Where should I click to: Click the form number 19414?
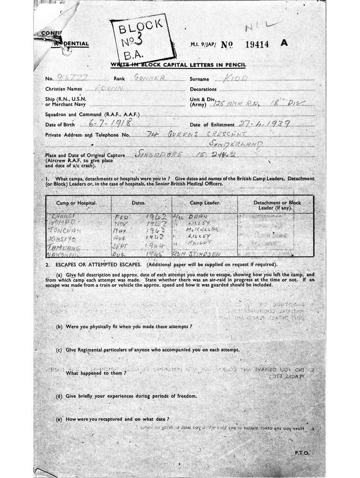(x=257, y=44)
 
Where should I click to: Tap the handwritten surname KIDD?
(x=236, y=77)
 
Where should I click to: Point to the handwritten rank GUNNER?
(x=149, y=78)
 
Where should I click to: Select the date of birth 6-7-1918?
(x=111, y=123)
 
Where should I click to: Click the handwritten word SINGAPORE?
(x=158, y=154)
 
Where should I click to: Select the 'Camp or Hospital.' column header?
(x=76, y=203)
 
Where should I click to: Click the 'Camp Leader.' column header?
(x=205, y=203)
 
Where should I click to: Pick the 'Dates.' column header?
(x=138, y=203)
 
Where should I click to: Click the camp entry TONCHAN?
(x=65, y=230)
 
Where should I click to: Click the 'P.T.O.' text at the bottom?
(x=302, y=453)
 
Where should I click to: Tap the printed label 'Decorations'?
(x=203, y=89)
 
